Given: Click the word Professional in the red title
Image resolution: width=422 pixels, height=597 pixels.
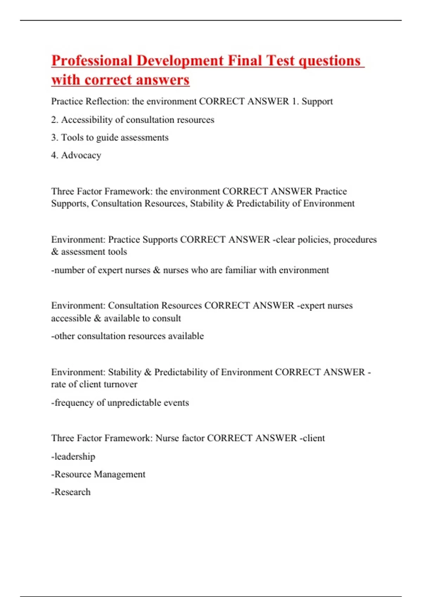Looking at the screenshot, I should [x=92, y=61].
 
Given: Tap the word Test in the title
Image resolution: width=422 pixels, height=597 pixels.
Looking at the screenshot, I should [x=280, y=61].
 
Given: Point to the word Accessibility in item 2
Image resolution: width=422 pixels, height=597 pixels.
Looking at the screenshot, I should [x=87, y=120].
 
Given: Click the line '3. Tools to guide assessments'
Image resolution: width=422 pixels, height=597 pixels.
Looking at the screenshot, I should [x=110, y=138].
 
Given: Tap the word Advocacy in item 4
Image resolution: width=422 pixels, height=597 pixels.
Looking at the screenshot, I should [x=81, y=155].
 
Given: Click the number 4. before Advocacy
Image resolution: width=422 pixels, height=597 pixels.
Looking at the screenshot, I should [x=55, y=155].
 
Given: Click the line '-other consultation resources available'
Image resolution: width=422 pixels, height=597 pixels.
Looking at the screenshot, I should [x=127, y=336].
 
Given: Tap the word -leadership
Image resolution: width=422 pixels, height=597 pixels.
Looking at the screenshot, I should [x=73, y=457].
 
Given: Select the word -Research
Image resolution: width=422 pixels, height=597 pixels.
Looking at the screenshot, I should [x=71, y=492].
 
